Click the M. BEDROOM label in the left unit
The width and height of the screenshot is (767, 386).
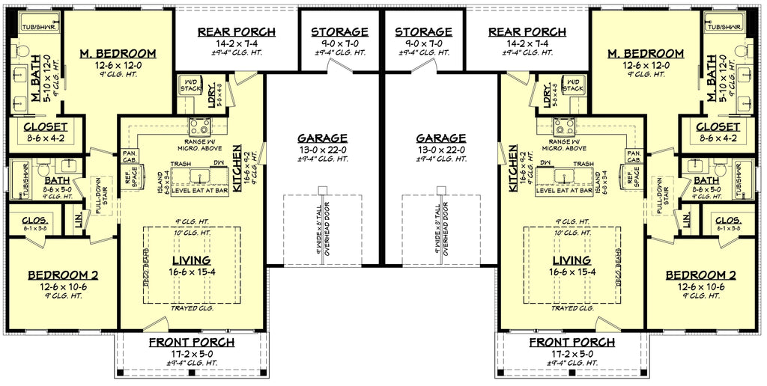118,53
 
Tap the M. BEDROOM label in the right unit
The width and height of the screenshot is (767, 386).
646,53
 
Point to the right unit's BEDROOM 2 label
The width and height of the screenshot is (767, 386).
701,275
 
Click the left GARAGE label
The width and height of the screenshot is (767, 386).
322,138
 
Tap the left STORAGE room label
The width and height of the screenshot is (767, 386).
340,31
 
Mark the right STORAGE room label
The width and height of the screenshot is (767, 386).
424,31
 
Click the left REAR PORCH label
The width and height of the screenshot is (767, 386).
236,31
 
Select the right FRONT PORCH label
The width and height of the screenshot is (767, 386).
573,342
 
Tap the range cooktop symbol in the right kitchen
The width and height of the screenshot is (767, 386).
564,126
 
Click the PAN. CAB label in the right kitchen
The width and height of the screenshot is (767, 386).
633,156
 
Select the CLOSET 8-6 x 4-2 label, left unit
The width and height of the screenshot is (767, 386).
45,127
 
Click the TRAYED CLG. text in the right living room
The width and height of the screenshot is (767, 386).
573,307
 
